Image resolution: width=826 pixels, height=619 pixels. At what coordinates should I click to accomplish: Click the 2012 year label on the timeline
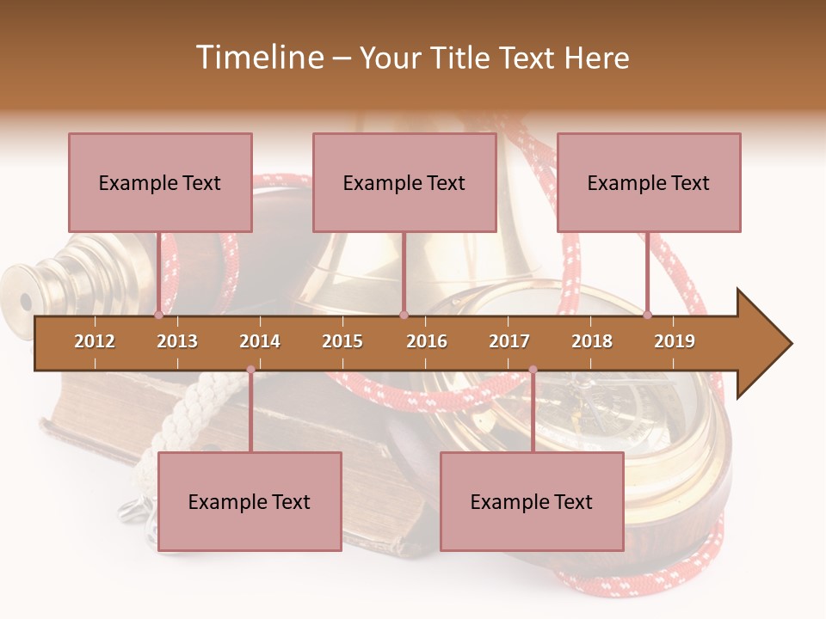tap(95, 341)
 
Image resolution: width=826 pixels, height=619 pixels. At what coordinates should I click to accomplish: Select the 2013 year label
tap(177, 341)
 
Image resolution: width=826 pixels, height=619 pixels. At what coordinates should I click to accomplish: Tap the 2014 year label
tap(260, 341)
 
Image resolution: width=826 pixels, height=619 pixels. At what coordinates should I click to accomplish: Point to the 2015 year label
tap(342, 341)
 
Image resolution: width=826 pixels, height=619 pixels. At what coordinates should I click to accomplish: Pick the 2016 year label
tap(427, 341)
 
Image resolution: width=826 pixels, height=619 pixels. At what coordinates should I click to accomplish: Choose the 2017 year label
tap(509, 341)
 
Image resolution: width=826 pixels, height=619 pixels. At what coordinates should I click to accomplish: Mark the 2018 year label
tap(592, 341)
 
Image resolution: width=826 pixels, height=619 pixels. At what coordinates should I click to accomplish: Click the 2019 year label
tap(675, 341)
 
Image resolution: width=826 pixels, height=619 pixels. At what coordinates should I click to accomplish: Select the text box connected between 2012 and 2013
tap(160, 182)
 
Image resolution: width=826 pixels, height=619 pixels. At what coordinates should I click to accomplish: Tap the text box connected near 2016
tap(404, 182)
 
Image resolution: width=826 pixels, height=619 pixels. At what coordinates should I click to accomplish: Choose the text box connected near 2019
tap(649, 182)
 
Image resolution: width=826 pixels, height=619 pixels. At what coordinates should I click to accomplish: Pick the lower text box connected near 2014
tap(250, 501)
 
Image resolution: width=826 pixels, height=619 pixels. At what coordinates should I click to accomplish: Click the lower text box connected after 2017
tap(532, 501)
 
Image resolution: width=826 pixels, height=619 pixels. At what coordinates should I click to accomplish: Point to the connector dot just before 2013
tap(158, 315)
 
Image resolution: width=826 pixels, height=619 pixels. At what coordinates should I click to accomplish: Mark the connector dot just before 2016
tap(404, 315)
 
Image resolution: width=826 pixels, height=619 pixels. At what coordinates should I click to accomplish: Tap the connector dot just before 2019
tap(647, 315)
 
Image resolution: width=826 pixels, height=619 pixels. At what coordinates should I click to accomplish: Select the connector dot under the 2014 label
tap(250, 370)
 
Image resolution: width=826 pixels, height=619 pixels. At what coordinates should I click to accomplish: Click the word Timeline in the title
tap(257, 58)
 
